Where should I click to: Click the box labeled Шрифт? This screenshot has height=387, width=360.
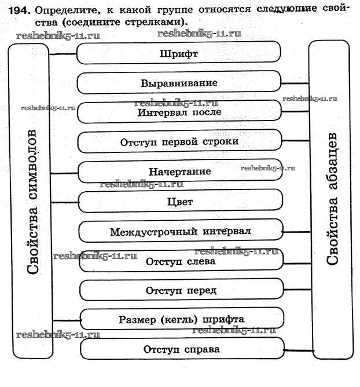tap(179, 54)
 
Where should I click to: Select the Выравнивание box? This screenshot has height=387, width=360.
tap(179, 83)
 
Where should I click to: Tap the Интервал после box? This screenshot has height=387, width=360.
tap(179, 112)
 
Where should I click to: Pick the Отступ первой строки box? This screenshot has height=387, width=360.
tap(179, 142)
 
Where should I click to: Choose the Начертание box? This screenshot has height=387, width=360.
tap(179, 172)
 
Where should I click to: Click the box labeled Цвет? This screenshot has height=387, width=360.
tap(179, 202)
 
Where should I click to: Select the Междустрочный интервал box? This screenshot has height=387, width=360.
tap(181, 232)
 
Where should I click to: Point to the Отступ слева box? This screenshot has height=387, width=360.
tap(181, 261)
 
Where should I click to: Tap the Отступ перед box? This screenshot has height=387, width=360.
tap(181, 290)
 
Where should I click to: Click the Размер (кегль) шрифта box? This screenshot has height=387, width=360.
tap(182, 319)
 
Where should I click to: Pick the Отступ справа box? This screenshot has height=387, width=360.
tap(182, 350)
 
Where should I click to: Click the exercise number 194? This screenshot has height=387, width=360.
tap(18, 10)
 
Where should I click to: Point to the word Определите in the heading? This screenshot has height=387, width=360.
tap(67, 10)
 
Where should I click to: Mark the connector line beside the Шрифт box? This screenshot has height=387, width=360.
tap(63, 54)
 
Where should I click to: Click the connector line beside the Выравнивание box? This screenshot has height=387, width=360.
tap(295, 83)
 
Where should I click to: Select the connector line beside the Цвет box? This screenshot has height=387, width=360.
tap(64, 202)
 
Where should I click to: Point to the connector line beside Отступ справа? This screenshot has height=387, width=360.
tap(297, 351)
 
